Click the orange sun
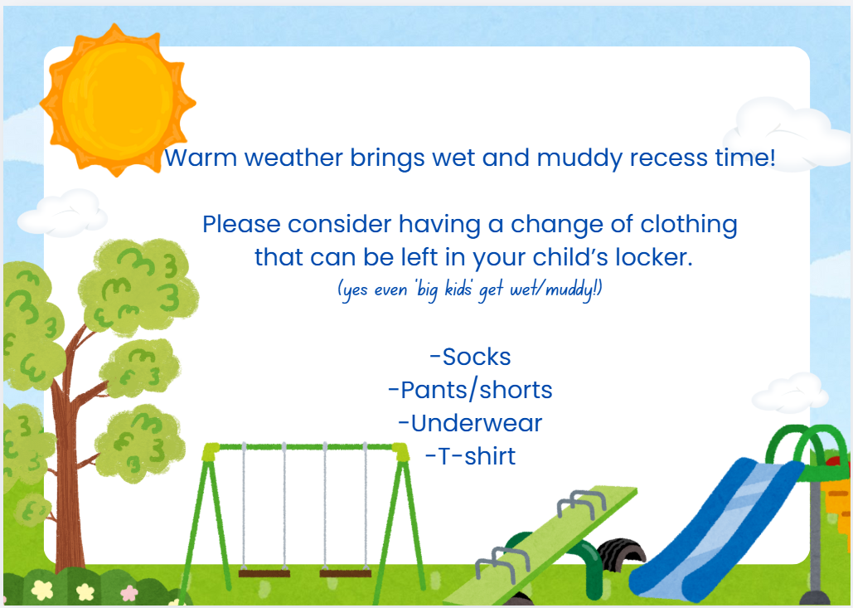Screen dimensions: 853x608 pyautogui.click(x=117, y=101)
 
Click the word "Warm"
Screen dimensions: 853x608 pyautogui.click(x=201, y=158)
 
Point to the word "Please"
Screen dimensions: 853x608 pyautogui.click(x=242, y=224)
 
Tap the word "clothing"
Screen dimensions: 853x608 pyautogui.click(x=688, y=225)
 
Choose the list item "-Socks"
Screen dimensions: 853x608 pyautogui.click(x=470, y=357)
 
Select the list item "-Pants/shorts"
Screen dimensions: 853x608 pyautogui.click(x=470, y=391)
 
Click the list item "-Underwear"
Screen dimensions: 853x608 pyautogui.click(x=470, y=424)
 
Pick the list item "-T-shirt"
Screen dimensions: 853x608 pyautogui.click(x=470, y=457)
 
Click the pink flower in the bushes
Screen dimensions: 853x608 pyautogui.click(x=129, y=593)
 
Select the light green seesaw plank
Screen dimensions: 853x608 pyautogui.click(x=539, y=544)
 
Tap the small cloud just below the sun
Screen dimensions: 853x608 pyautogui.click(x=63, y=213)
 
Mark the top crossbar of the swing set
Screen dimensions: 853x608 pyautogui.click(x=305, y=447)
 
